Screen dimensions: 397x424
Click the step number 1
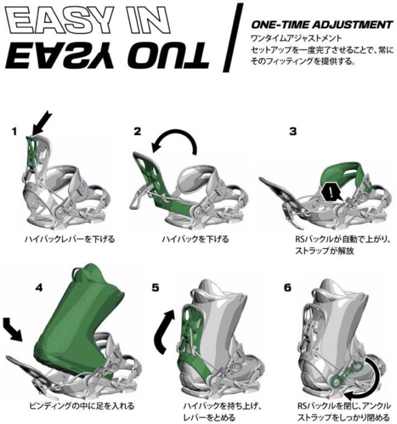pos(15,132)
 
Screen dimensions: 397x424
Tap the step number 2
pos(137,132)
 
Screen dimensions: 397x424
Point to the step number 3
pos(293,132)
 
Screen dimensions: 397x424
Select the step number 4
pos(39,288)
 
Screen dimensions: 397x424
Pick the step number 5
pos(155,288)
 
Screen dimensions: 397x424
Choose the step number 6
pos(288,288)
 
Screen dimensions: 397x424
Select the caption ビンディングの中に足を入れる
pos(81,406)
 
